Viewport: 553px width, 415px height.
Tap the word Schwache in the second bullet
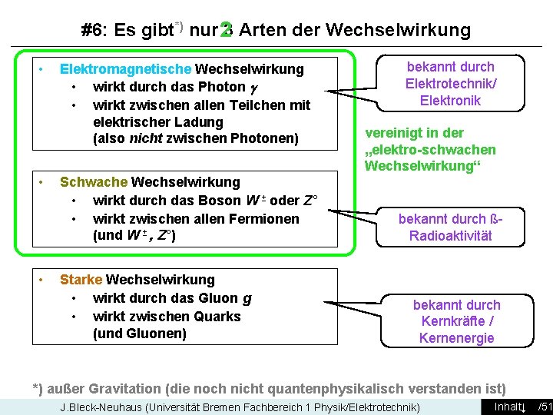click(94, 182)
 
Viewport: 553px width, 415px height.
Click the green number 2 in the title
click(225, 30)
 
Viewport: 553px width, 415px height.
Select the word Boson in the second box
click(219, 201)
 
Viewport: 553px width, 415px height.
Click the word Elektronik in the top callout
click(450, 101)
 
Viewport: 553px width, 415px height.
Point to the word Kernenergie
click(456, 338)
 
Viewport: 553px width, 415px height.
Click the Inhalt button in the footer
click(508, 407)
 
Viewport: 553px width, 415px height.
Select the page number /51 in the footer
click(545, 407)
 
